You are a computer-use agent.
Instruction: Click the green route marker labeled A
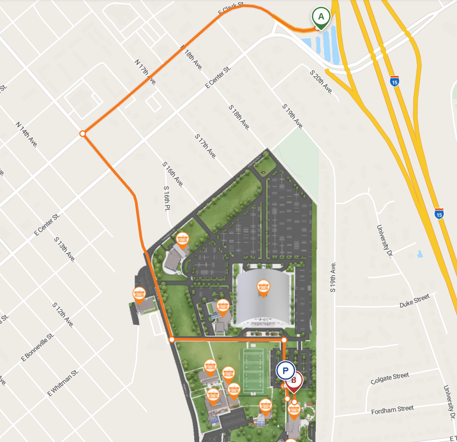coord(321,16)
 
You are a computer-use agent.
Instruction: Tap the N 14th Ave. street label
coord(26,134)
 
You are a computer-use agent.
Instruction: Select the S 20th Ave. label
coord(321,81)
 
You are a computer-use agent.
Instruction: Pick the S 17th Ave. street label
coord(206,146)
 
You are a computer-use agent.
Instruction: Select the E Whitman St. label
coord(63,382)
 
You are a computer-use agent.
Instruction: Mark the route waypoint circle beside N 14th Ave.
coord(83,134)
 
